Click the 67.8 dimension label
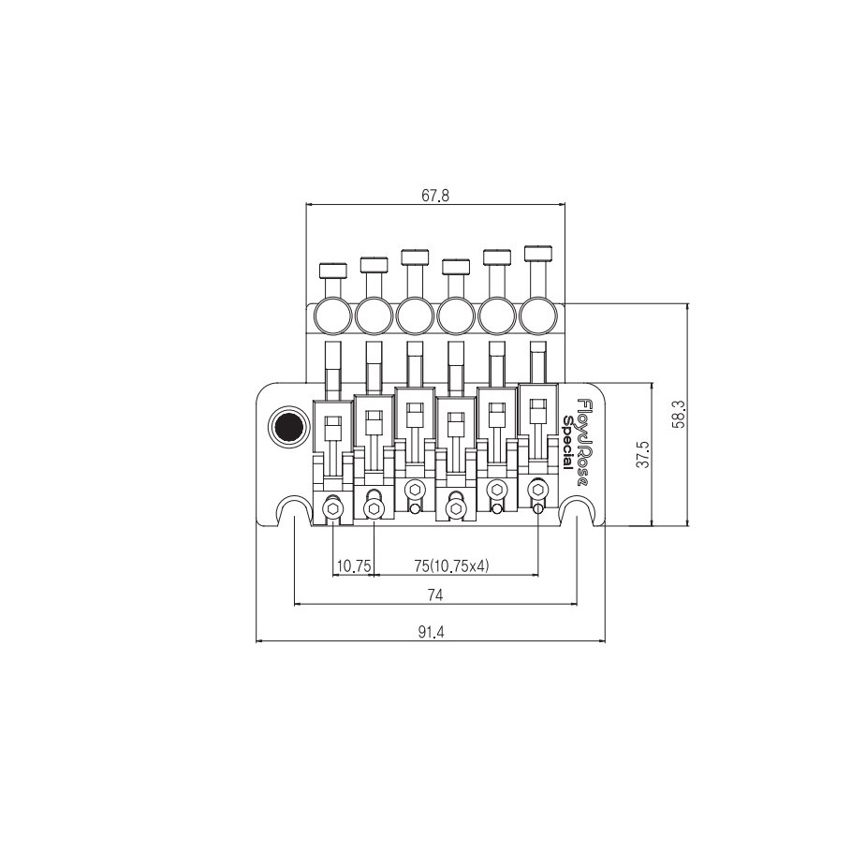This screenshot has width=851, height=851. [435, 196]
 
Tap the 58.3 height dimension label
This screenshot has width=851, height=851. [679, 414]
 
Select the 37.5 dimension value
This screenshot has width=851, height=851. [642, 454]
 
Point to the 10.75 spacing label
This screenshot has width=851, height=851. [354, 566]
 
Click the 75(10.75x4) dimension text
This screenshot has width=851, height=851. [451, 566]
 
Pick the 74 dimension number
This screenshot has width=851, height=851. [435, 595]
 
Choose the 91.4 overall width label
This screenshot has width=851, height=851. [431, 632]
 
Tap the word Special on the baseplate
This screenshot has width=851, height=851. [567, 442]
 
